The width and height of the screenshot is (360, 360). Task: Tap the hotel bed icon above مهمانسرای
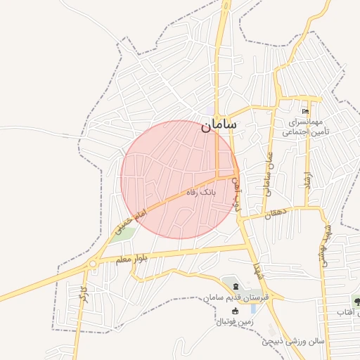tap(304, 112)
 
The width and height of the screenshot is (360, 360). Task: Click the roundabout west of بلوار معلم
tap(93, 264)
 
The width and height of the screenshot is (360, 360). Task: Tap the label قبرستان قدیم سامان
tap(236, 297)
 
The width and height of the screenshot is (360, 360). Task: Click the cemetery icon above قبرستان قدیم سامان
tap(235, 285)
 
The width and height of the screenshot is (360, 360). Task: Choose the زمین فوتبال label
tap(232, 321)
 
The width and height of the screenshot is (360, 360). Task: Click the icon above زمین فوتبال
tap(233, 310)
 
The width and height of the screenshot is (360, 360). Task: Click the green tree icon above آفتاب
tap(356, 301)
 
